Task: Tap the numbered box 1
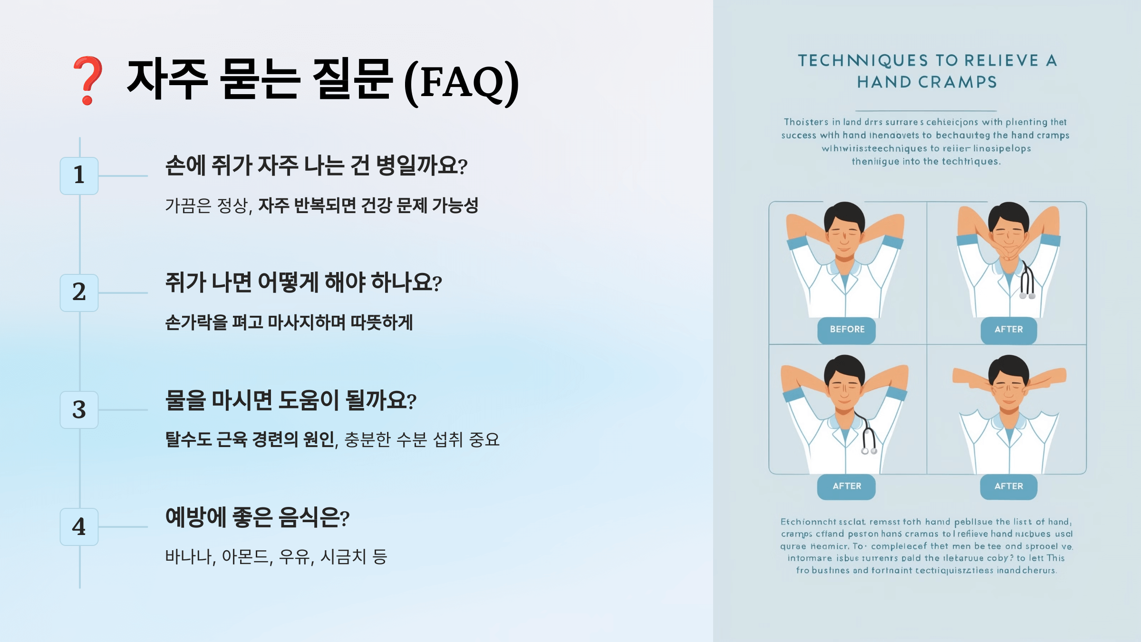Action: pos(79,175)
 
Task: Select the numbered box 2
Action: pos(79,292)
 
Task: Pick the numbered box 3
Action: pos(79,409)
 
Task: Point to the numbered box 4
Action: pos(79,526)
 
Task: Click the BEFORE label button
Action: pos(847,330)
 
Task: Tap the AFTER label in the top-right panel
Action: pos(1008,330)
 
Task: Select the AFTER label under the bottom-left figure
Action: pos(847,486)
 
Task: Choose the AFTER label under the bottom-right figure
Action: pos(1008,486)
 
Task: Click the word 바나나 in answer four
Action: pos(189,556)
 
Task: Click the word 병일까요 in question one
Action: pos(421,166)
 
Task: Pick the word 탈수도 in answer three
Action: pos(189,439)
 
